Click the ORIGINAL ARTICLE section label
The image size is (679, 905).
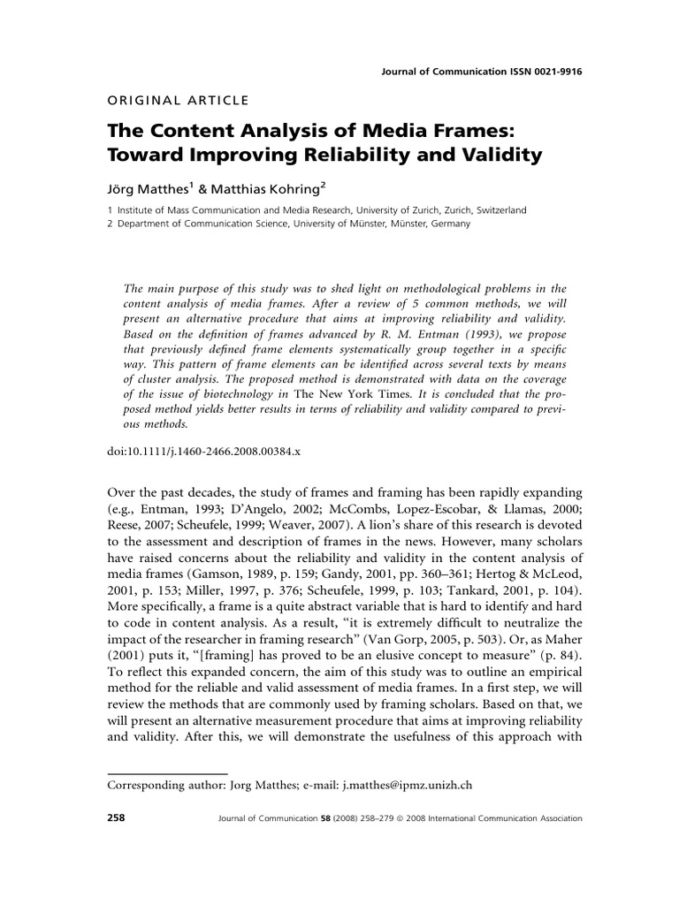[x=178, y=100]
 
